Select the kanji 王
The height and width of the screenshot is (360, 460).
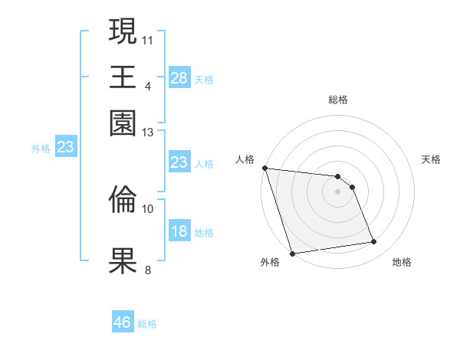123,77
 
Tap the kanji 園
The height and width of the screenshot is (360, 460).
123,123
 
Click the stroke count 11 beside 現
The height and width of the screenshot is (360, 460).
148,38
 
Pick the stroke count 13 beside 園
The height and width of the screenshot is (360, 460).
148,133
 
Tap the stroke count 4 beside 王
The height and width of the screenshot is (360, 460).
148,86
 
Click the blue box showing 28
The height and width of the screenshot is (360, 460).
179,77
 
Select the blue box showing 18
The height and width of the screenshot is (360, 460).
179,231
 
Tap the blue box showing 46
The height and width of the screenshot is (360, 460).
123,322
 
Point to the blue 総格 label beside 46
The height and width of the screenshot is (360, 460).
147,324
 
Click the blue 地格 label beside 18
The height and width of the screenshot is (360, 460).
204,233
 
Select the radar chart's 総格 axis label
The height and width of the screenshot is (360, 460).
338,100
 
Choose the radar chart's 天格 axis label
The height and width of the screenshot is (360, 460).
432,159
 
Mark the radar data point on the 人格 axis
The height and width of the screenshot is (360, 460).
264,168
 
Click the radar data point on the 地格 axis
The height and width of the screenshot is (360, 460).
374,242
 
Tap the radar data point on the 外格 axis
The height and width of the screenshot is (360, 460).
292,254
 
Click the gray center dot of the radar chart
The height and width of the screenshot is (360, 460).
338,191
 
